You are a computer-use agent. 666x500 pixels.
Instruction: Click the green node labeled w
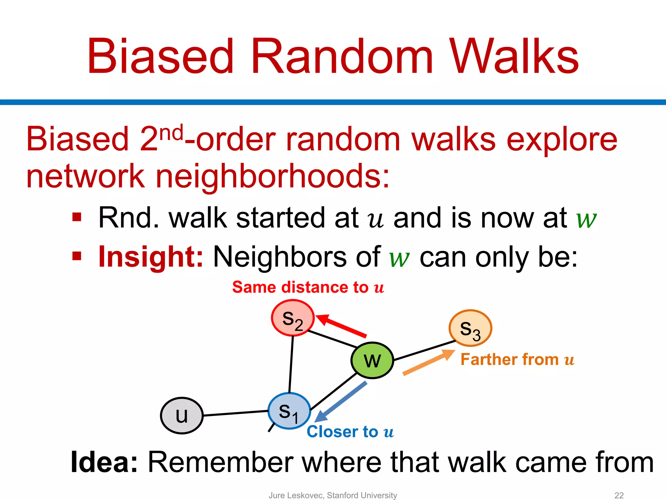pyautogui.click(x=372, y=360)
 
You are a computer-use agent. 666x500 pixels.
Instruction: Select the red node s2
pyautogui.click(x=293, y=318)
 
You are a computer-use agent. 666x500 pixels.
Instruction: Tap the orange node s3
pyautogui.click(x=470, y=328)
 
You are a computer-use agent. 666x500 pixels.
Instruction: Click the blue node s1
pyautogui.click(x=289, y=411)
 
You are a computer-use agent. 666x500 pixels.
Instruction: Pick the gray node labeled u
pyautogui.click(x=182, y=415)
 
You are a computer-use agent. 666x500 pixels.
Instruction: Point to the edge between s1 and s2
pyautogui.click(x=291, y=365)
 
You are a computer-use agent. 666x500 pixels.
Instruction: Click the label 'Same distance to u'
pyautogui.click(x=308, y=287)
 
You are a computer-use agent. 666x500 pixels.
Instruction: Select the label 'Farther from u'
pyautogui.click(x=517, y=360)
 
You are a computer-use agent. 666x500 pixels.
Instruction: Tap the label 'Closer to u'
pyautogui.click(x=350, y=432)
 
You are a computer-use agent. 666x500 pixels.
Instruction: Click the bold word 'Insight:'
pyautogui.click(x=151, y=257)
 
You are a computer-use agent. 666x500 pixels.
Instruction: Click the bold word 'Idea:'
pyautogui.click(x=104, y=462)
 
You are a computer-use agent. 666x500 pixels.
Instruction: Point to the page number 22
pyautogui.click(x=619, y=495)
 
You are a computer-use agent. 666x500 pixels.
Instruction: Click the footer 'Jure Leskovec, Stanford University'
pyautogui.click(x=333, y=495)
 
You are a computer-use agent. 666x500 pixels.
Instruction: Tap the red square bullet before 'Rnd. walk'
pyautogui.click(x=77, y=217)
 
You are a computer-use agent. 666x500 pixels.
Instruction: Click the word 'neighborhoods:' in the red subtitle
pyautogui.click(x=273, y=176)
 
